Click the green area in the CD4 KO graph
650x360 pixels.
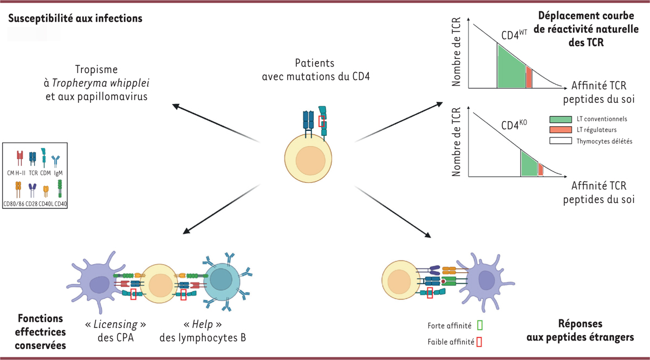tap(528, 164)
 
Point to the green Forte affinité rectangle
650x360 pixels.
tap(480, 325)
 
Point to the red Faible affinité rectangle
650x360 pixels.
tap(480, 342)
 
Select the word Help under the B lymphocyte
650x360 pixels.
tap(198, 325)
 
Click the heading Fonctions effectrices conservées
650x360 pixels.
tap(41, 331)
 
